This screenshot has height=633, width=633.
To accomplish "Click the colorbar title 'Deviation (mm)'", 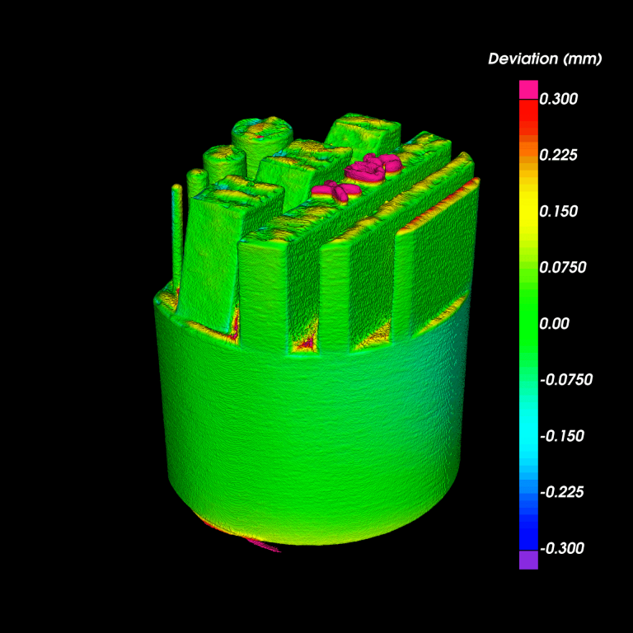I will tap(545, 59).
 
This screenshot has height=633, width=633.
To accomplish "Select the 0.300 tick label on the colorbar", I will tap(558, 99).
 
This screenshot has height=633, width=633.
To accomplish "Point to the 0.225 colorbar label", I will tap(558, 155).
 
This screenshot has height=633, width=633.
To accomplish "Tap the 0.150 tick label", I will tap(558, 211).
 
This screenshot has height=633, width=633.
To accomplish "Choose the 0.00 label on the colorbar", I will tap(554, 324).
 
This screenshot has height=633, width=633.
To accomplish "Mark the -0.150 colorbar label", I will tap(560, 436).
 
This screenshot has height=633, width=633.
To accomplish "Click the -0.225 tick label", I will tap(560, 492).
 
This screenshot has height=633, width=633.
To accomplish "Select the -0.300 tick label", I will tap(560, 548).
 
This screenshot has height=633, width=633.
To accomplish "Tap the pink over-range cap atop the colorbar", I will tap(528, 89).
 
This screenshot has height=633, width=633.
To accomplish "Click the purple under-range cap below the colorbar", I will tap(528, 560).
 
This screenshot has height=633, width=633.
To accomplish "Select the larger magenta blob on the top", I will tap(373, 166).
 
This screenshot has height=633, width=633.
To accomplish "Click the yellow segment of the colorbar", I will tap(528, 211).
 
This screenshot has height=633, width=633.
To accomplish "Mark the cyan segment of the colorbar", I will tap(528, 436).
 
